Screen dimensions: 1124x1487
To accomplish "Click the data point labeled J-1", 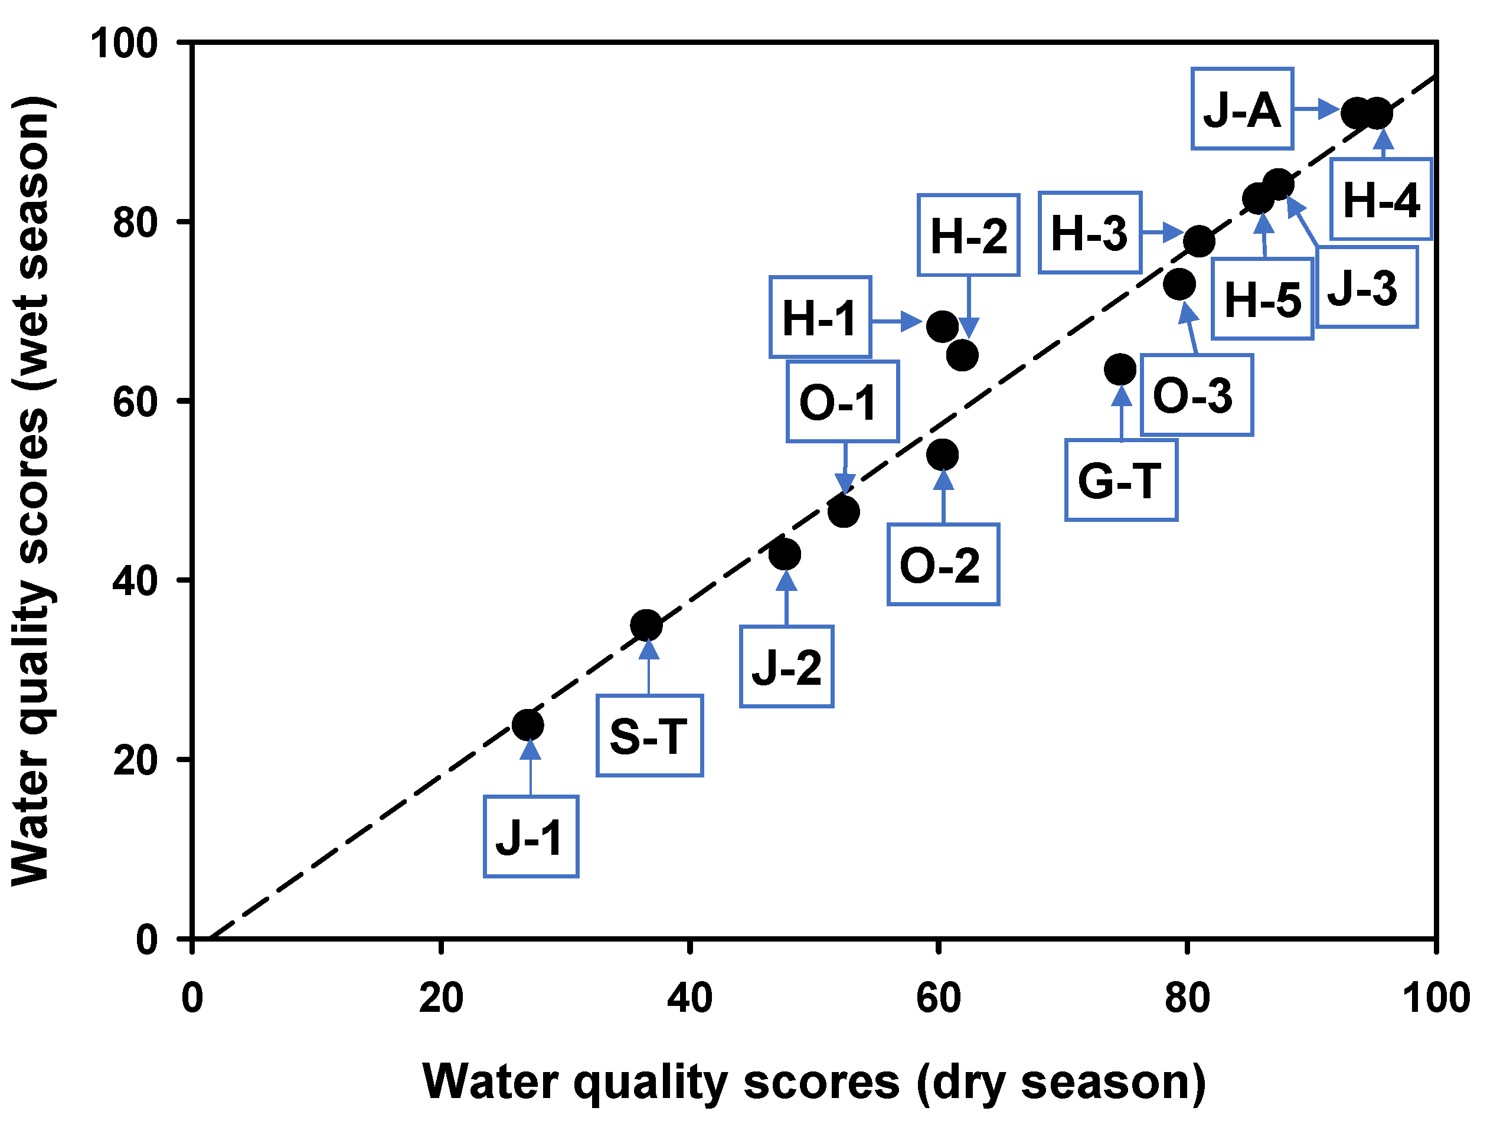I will [x=528, y=725].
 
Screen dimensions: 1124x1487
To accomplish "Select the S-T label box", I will [x=649, y=736].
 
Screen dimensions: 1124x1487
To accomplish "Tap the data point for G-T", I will [x=1120, y=369].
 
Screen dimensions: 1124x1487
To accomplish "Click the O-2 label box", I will [x=943, y=565].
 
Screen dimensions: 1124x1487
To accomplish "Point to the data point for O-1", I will [x=844, y=512].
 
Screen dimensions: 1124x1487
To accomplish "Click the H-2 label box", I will [x=968, y=236].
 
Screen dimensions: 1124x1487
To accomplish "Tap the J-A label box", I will [x=1242, y=109].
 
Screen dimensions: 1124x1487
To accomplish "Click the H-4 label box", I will [x=1381, y=199].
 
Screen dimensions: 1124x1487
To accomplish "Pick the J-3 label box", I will [x=1366, y=287].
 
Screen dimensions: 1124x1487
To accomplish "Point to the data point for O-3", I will [x=1179, y=284].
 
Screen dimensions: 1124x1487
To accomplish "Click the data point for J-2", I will [x=785, y=554].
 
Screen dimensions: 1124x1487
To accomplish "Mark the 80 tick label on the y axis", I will [x=135, y=222].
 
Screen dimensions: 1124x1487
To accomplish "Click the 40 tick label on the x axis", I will [x=689, y=998].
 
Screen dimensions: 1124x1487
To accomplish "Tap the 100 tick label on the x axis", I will [x=1436, y=998].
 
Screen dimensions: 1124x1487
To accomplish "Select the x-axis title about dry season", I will [x=814, y=1082].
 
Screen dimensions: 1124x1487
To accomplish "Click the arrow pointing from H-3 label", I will [x=1163, y=233].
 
